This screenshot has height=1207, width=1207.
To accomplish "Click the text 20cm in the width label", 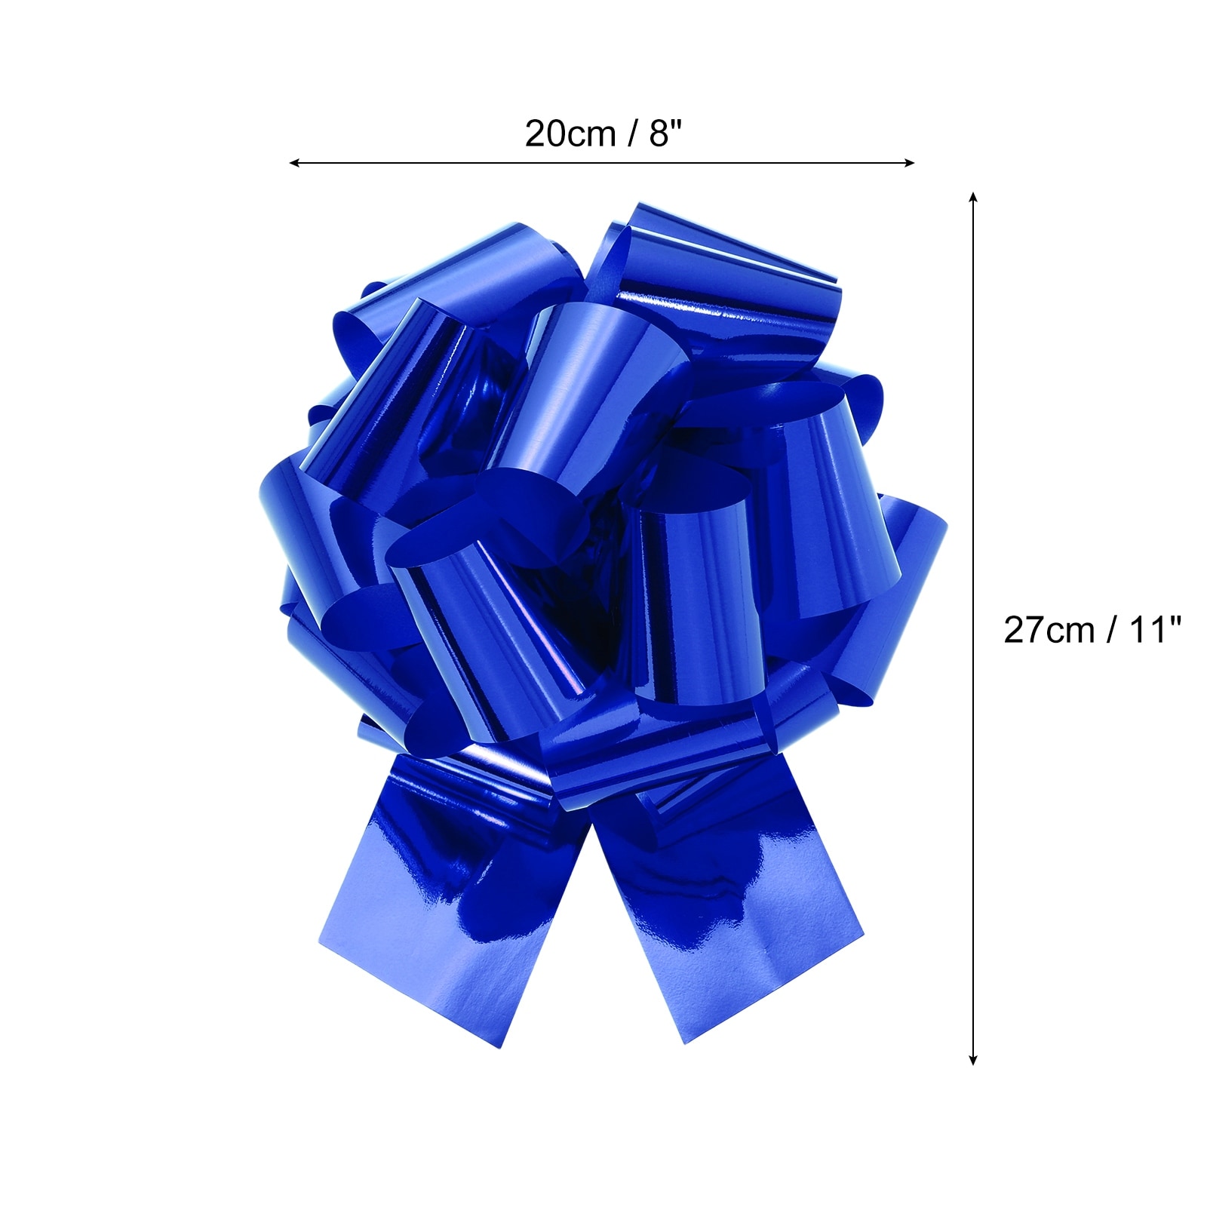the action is [x=570, y=134].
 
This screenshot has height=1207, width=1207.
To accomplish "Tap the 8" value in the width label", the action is [x=665, y=134].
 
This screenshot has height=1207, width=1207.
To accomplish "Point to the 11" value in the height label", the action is [x=1153, y=629].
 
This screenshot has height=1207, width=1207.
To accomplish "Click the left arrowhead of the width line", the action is [x=295, y=162].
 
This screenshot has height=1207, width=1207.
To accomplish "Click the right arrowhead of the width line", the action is [x=910, y=162].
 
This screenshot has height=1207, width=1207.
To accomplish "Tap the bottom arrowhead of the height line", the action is [x=973, y=1059].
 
